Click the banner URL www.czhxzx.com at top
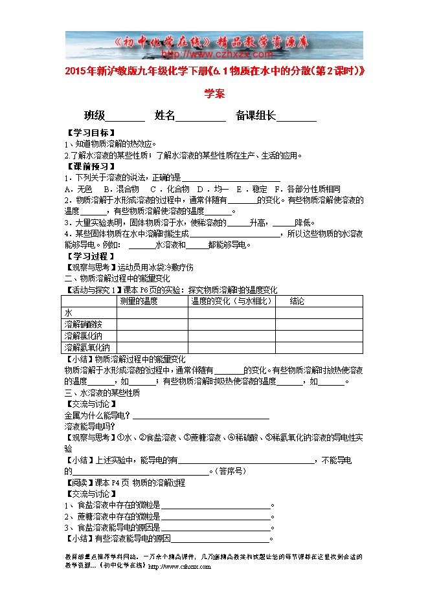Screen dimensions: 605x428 [x=214, y=55]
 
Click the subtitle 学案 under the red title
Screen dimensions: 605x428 [x=214, y=93]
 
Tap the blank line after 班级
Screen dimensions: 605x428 [x=125, y=116]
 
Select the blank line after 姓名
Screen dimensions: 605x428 [x=201, y=116]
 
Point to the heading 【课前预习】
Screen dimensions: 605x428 [x=86, y=166]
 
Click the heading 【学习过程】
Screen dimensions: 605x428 [x=86, y=256]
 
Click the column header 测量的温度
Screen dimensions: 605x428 [x=139, y=301]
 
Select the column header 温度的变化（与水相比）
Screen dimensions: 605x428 [x=230, y=301]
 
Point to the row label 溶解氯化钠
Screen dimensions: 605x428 [x=83, y=336]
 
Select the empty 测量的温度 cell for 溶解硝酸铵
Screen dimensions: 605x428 [x=152, y=324]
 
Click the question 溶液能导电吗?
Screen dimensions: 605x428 [x=90, y=426]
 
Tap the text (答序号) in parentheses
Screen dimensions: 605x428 [x=230, y=471]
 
